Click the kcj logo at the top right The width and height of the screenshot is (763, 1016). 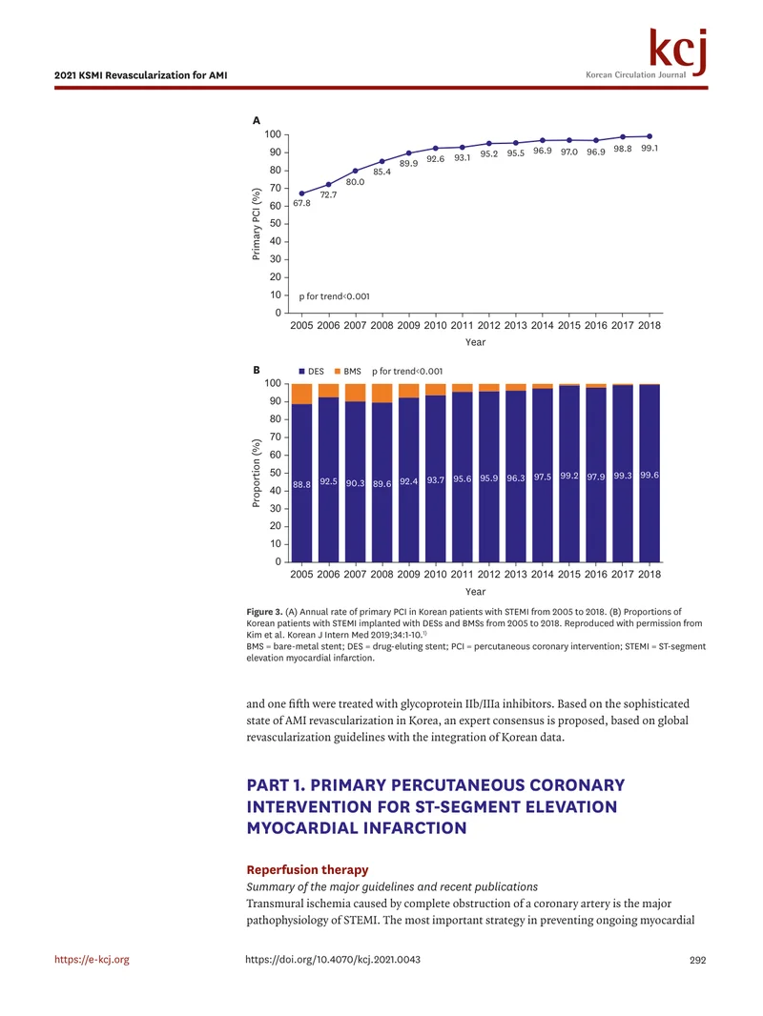[x=677, y=51]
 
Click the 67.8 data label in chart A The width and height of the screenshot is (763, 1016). [x=301, y=203]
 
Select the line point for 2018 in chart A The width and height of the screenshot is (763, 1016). [x=650, y=136]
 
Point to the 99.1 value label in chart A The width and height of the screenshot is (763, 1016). [x=650, y=149]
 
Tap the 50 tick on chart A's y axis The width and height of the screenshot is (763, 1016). [x=276, y=224]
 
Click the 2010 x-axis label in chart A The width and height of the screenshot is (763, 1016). [x=435, y=325]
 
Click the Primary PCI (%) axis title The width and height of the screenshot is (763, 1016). [x=256, y=224]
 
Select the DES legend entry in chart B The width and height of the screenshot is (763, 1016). [x=311, y=372]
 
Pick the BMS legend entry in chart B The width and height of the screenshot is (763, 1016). [x=347, y=372]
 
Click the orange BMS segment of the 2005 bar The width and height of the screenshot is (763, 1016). [x=301, y=394]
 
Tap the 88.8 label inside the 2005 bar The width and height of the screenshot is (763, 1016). [x=301, y=484]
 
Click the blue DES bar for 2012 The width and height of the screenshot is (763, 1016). [x=488, y=477]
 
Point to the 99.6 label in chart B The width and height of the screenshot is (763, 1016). [x=650, y=475]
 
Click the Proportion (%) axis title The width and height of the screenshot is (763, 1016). [x=256, y=473]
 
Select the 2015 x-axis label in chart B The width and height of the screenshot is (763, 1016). [x=569, y=574]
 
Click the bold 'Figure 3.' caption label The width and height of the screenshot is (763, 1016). [x=264, y=612]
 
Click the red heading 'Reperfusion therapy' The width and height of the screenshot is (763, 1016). [x=307, y=869]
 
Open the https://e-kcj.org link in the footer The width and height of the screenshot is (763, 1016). [x=93, y=960]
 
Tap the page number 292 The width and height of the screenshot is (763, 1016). [x=697, y=961]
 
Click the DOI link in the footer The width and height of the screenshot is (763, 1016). [x=333, y=960]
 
